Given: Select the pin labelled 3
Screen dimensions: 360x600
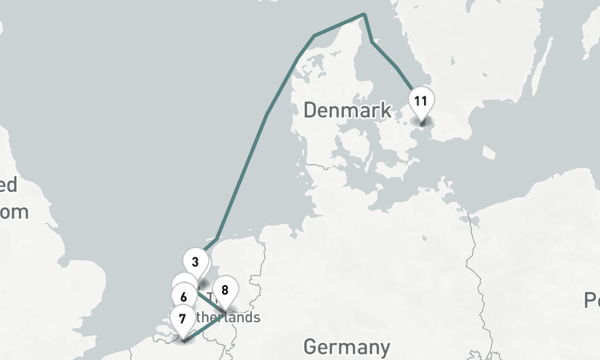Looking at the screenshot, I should click(x=196, y=263).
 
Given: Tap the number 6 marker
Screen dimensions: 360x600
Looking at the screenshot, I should click(x=184, y=296).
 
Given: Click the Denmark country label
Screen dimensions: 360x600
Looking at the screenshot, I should click(x=347, y=110).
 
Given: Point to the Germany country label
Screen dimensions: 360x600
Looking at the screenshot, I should click(x=346, y=347).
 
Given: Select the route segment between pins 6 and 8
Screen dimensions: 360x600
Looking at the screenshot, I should click(x=210, y=303).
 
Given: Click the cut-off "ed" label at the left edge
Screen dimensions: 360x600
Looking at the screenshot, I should click(x=8, y=185).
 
